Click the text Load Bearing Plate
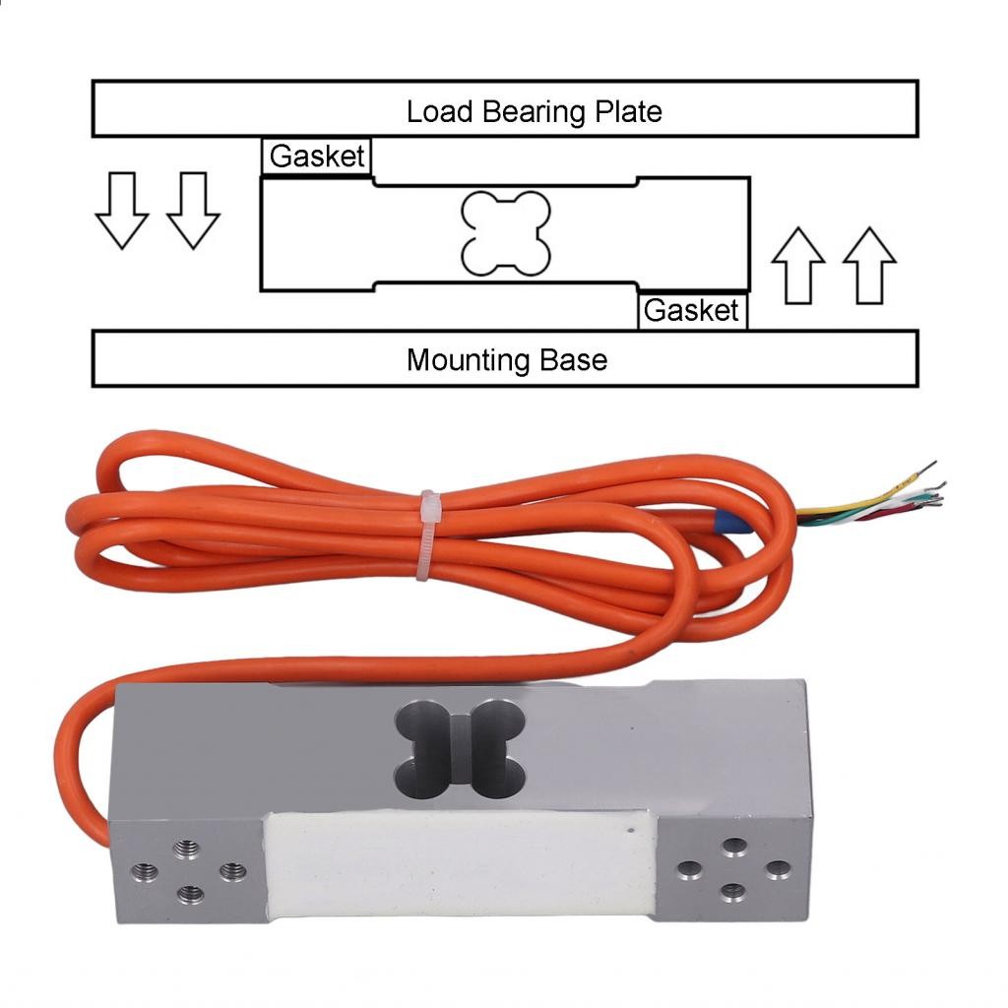[534, 110]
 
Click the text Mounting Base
[506, 359]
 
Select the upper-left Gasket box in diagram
[317, 157]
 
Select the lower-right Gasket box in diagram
[691, 311]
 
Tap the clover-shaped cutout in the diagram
[505, 233]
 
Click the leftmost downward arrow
[121, 209]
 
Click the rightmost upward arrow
[869, 265]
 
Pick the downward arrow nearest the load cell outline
[193, 209]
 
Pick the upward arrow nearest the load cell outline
[797, 265]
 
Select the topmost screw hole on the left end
[184, 848]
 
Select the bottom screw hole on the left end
[189, 894]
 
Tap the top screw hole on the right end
[733, 847]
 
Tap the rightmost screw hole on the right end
[778, 870]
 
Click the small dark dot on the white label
[631, 834]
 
